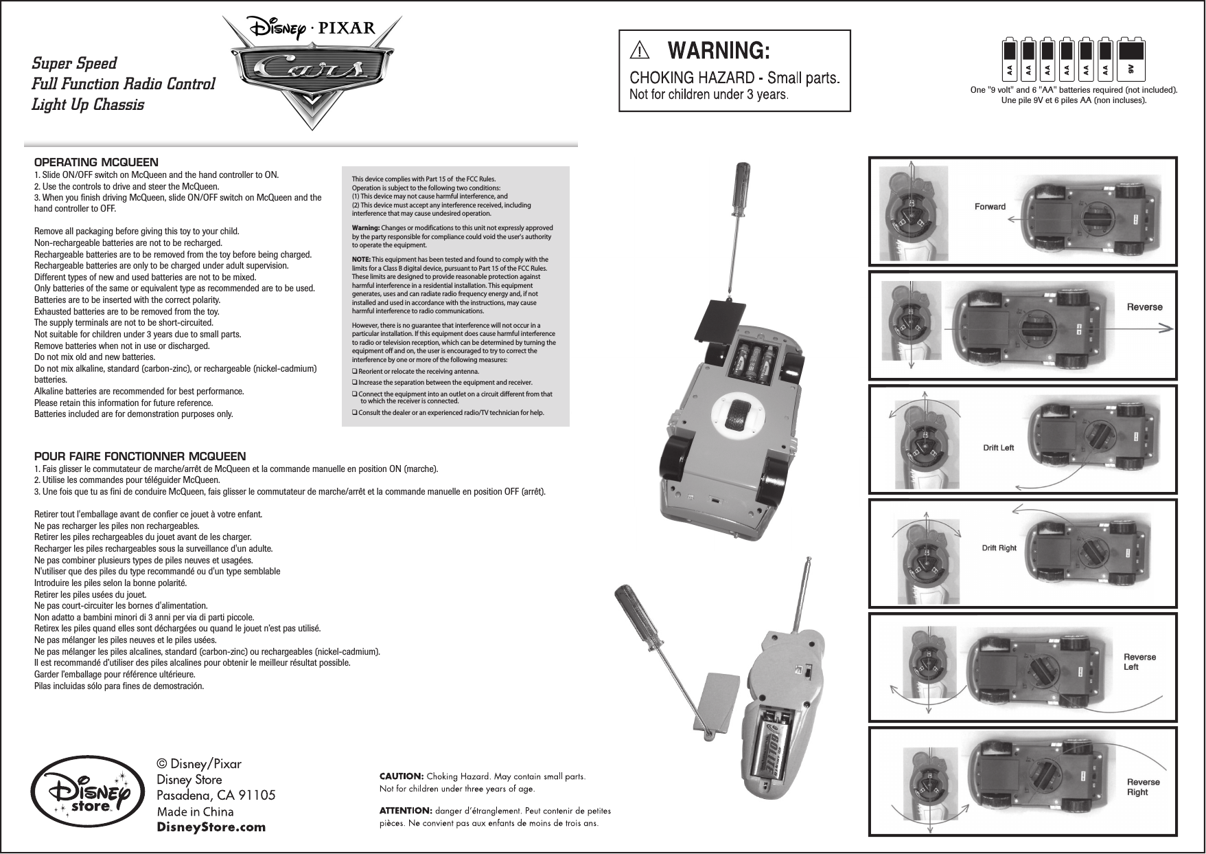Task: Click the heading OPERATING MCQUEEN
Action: click(96, 163)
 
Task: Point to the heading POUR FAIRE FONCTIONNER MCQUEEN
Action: click(140, 457)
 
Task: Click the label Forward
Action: click(990, 206)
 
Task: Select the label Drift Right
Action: click(999, 548)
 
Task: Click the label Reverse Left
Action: click(1139, 662)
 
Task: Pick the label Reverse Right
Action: click(1143, 787)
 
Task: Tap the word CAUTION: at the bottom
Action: click(402, 776)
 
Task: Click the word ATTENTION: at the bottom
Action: click(406, 811)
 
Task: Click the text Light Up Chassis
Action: click(88, 105)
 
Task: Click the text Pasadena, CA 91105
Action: click(216, 796)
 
